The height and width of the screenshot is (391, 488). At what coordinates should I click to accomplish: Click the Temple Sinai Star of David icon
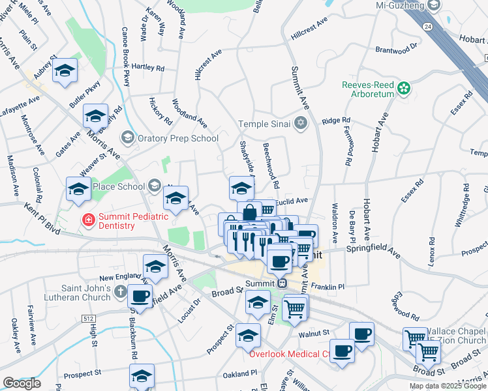click(300, 123)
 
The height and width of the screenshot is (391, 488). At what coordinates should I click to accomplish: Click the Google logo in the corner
click(22, 383)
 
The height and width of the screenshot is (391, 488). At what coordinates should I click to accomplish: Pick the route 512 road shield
click(88, 318)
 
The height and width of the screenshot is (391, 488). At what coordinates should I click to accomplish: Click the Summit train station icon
click(282, 283)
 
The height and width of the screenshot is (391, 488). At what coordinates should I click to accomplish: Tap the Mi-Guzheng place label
click(401, 6)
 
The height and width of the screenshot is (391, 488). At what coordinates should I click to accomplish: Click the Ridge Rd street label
click(336, 121)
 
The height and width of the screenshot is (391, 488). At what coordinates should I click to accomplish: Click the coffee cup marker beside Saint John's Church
click(140, 296)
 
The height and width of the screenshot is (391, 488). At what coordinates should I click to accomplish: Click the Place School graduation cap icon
click(155, 186)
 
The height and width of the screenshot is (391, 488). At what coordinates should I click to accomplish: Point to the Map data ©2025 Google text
click(447, 386)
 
